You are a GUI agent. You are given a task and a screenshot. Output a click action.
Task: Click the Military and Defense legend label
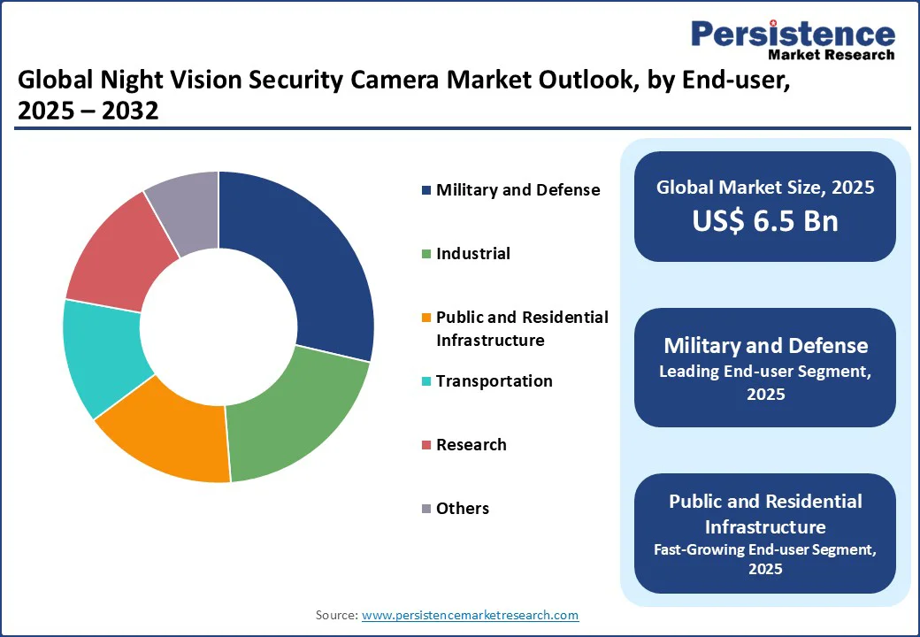point(517,190)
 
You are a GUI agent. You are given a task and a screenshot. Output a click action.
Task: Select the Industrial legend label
point(472,254)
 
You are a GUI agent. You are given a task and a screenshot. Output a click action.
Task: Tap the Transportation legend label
point(494,381)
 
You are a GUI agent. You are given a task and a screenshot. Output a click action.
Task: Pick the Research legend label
point(471,445)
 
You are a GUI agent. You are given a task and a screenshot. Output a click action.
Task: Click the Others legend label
point(462,509)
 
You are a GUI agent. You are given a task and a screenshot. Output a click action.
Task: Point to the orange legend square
point(426,318)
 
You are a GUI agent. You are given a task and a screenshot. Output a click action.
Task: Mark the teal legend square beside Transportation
point(426,381)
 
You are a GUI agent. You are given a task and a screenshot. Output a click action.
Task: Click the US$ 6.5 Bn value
point(765,221)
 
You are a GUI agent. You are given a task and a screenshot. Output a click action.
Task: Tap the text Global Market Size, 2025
point(765,187)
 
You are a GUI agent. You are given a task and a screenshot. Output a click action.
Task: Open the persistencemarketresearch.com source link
point(470,615)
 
